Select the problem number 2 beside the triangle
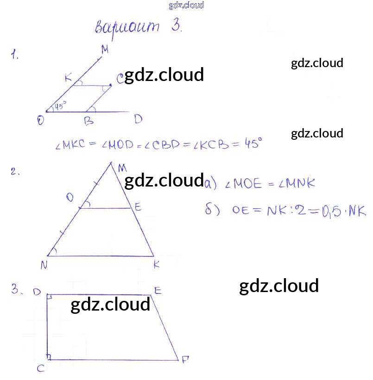click(15, 172)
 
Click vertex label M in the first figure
click(105, 50)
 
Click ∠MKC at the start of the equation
click(70, 145)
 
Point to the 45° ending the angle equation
click(253, 143)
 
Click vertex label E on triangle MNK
click(138, 207)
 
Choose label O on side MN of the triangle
click(70, 198)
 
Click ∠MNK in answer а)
click(297, 184)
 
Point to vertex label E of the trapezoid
click(158, 291)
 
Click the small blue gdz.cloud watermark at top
click(186, 6)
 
